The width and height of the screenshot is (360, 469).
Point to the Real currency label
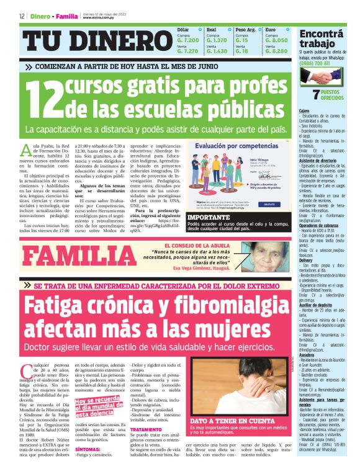point(212,29)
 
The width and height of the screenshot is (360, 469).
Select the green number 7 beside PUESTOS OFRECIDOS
point(306,95)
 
